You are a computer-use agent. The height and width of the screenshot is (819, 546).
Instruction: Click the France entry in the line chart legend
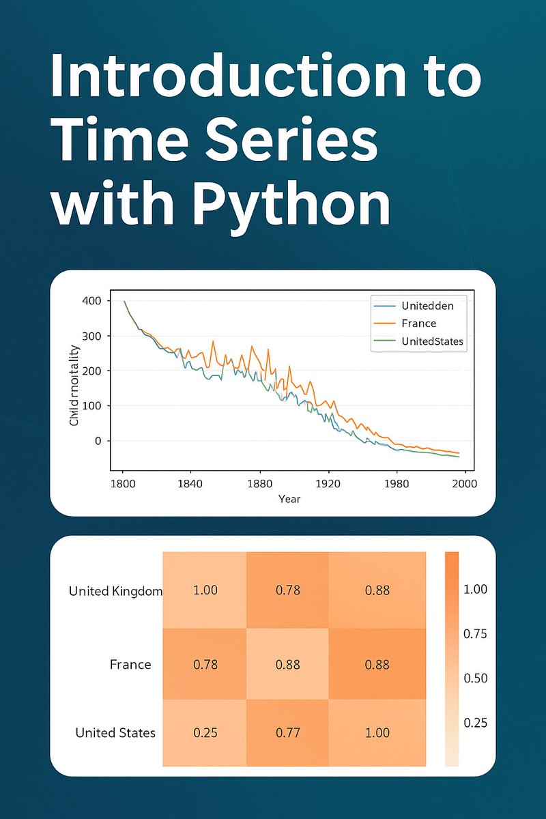tap(418, 323)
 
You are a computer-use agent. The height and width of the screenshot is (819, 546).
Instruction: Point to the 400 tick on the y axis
tap(91, 301)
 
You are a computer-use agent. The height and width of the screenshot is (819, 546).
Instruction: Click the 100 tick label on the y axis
tap(91, 406)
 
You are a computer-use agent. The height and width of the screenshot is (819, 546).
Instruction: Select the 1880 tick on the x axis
tap(259, 483)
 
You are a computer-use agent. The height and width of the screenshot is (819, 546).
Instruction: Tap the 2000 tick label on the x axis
tap(464, 483)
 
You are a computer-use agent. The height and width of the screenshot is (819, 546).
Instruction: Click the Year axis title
tap(289, 499)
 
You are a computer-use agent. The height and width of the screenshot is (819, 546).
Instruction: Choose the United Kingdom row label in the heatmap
tap(115, 591)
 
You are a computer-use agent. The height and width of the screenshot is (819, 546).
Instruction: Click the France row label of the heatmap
tap(130, 664)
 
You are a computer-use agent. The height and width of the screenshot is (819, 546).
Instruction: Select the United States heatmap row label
tap(115, 733)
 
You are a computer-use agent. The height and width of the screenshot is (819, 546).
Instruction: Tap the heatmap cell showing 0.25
tap(205, 733)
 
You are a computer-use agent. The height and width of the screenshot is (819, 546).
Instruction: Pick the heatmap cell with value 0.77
tap(287, 733)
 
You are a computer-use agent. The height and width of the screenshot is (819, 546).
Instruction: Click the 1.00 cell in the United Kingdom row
tap(205, 590)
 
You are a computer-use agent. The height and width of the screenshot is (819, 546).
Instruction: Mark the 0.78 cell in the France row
tap(205, 663)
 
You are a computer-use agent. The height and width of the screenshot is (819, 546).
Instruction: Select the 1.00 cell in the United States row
tap(377, 733)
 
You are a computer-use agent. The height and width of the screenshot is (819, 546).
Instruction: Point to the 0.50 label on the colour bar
tap(475, 678)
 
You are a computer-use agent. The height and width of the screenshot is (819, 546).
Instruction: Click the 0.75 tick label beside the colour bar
tap(475, 633)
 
